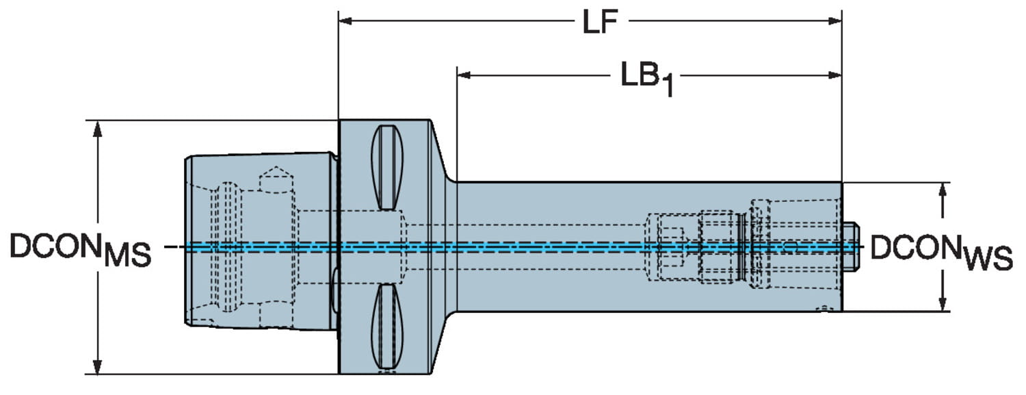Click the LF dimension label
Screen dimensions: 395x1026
(x=600, y=23)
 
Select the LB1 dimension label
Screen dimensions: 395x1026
(x=646, y=78)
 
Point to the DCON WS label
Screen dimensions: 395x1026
(x=941, y=252)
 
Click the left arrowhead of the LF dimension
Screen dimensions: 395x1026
(x=345, y=21)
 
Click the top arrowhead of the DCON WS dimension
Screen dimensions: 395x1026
(x=943, y=190)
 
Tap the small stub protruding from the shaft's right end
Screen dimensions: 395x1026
(x=850, y=246)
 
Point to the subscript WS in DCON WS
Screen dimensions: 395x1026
(x=988, y=260)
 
